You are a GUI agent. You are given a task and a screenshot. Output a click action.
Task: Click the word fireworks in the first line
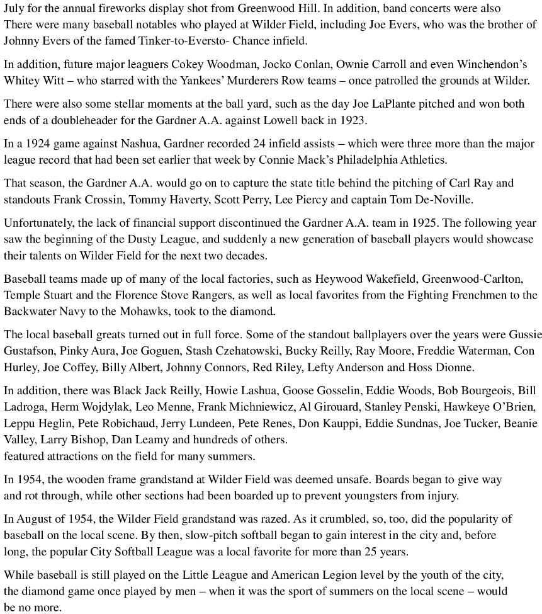(141, 9)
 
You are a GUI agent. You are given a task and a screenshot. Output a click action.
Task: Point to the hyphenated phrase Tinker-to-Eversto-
(176, 41)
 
